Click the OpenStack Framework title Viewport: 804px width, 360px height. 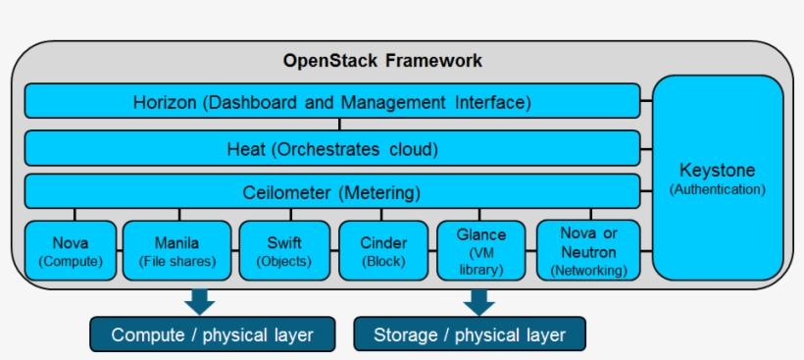[x=382, y=61]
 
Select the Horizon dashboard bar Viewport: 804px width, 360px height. [x=332, y=101]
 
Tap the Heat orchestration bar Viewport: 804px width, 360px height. [x=332, y=149]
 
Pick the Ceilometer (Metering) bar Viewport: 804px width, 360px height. [x=332, y=191]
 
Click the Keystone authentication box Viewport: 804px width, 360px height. [x=718, y=178]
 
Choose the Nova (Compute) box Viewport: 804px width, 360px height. [x=70, y=250]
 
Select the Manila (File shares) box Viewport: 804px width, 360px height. [x=176, y=250]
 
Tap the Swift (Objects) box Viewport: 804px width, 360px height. [x=283, y=250]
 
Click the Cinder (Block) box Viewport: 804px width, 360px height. [x=383, y=250]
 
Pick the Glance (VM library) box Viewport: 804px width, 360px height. [x=480, y=250]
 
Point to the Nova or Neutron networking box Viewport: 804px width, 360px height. [x=588, y=250]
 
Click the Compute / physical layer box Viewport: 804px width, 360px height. [x=212, y=334]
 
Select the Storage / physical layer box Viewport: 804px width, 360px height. [x=469, y=334]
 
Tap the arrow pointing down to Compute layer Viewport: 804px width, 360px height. [x=200, y=300]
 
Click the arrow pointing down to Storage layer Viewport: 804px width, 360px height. [x=478, y=300]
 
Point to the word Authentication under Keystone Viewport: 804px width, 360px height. [x=718, y=189]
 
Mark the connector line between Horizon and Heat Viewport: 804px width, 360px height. [x=339, y=125]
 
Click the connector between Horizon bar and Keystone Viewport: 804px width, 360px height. [x=646, y=101]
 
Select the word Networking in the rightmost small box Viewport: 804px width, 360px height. [x=588, y=270]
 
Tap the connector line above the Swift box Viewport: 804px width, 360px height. [x=284, y=214]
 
